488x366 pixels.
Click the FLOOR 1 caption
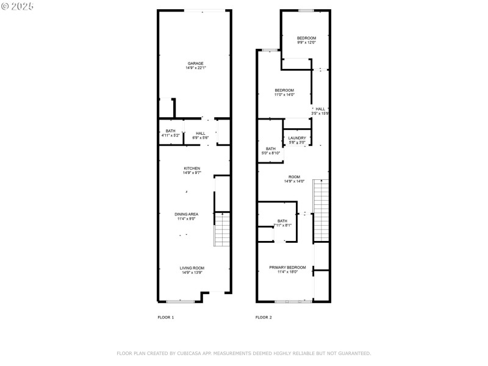point(166,317)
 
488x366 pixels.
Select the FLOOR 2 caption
point(264,317)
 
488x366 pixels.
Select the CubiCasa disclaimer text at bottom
point(243,353)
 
